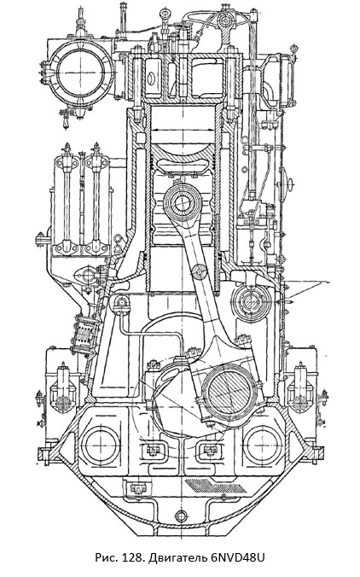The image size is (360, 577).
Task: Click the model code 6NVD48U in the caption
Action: [238, 557]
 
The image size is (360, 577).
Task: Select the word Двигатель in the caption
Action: [177, 558]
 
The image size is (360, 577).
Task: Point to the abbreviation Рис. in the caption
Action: [107, 557]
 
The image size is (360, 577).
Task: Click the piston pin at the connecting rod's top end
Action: [183, 203]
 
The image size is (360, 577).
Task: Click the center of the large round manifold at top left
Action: [81, 72]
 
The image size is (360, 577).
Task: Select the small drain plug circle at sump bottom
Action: [181, 516]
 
